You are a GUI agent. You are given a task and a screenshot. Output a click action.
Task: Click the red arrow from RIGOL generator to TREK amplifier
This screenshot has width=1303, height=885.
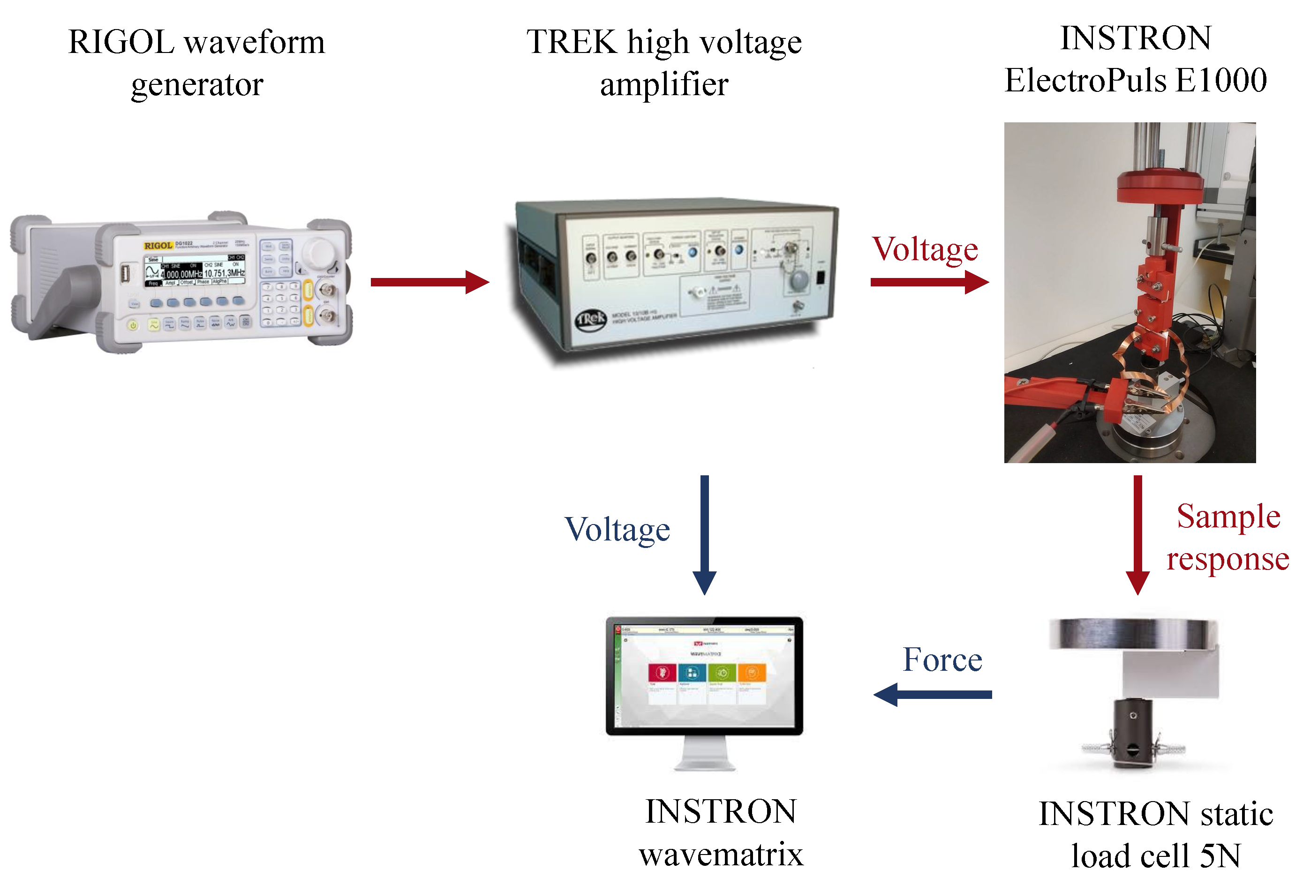[x=429, y=282]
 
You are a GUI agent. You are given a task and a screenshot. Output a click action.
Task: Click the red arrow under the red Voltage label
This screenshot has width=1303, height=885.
[x=928, y=282]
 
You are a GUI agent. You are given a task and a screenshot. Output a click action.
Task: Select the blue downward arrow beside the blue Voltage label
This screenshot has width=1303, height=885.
[x=704, y=532]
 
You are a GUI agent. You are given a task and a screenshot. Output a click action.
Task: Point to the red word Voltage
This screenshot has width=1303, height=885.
[x=925, y=249]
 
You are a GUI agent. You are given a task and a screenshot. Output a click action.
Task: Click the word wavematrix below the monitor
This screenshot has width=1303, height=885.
[x=721, y=854]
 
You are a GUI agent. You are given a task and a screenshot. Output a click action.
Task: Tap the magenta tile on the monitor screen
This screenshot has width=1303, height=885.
[x=662, y=673]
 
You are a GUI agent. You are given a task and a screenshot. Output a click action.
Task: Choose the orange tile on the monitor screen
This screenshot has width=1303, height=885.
[x=751, y=672]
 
